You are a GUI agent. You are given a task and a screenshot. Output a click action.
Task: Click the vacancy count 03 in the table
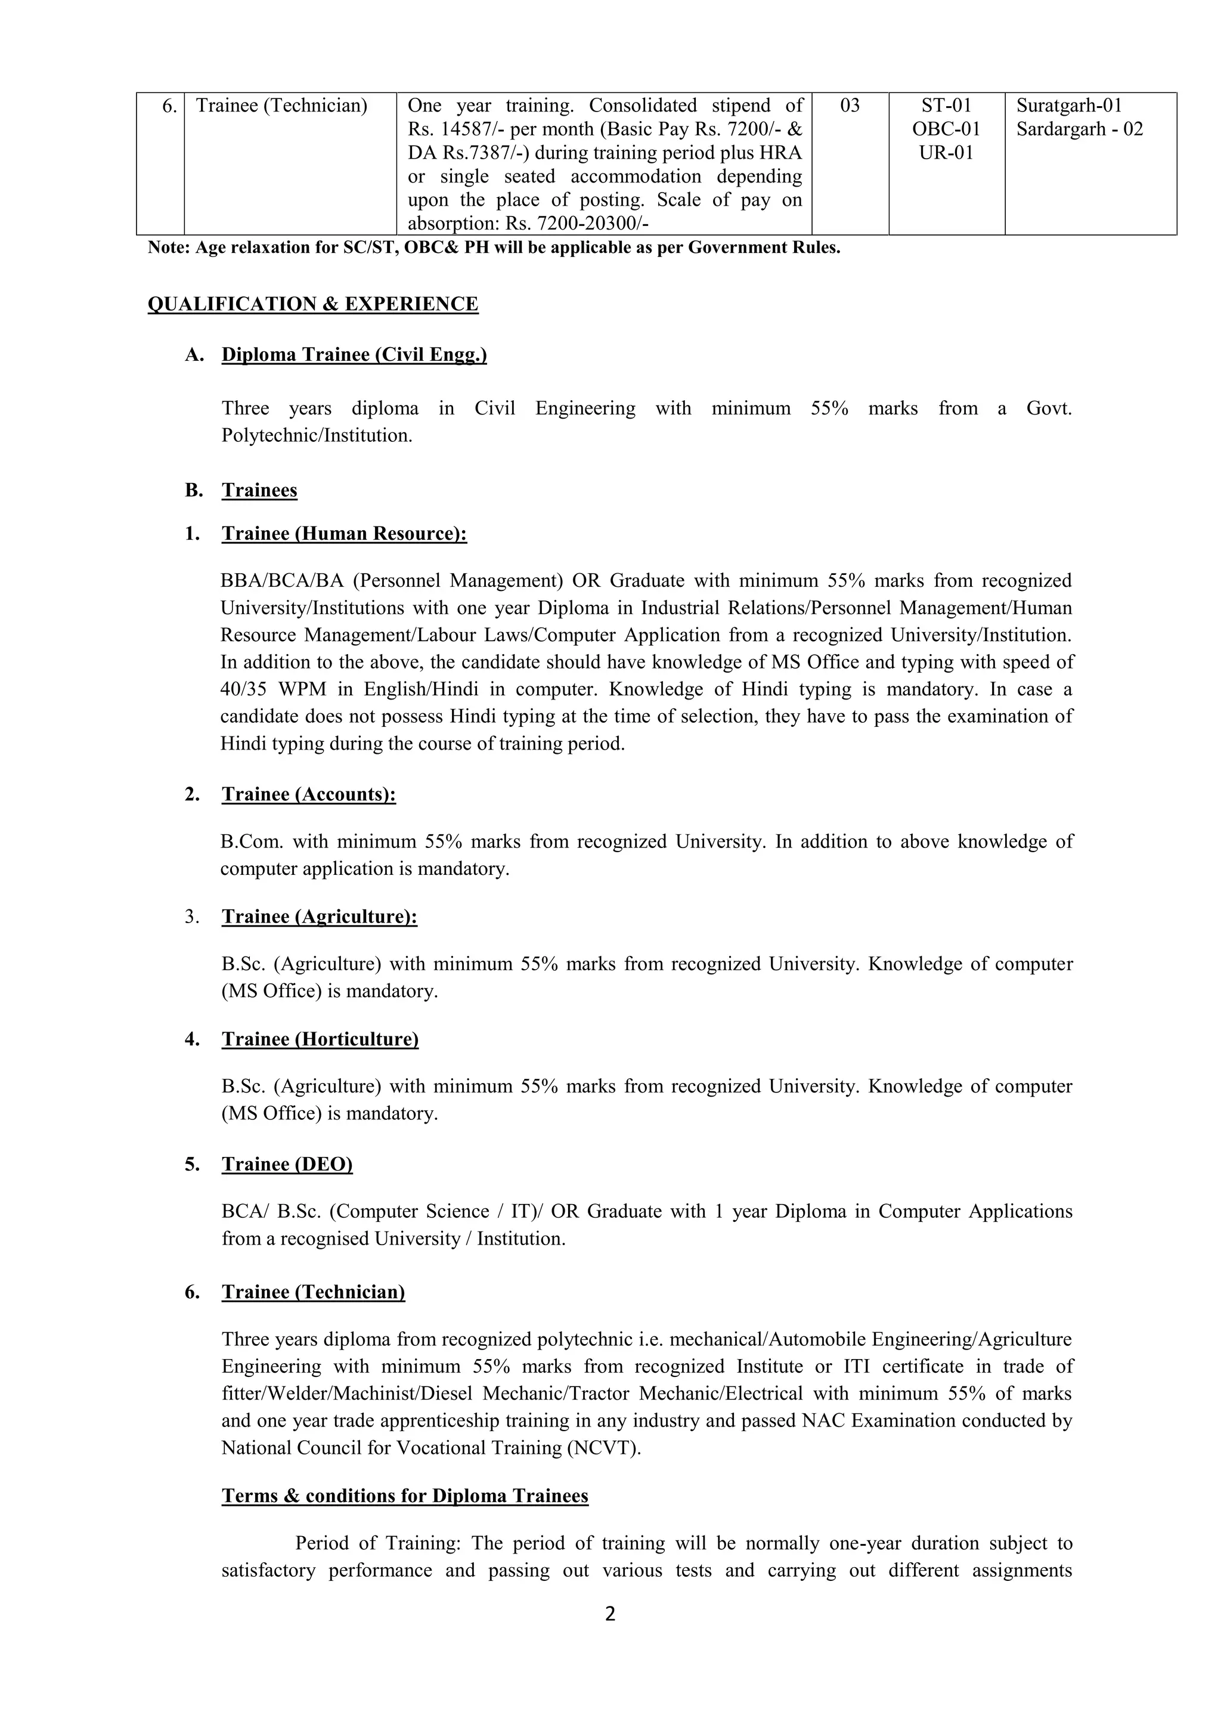(850, 106)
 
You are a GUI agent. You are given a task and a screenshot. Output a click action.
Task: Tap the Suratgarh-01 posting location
(1068, 106)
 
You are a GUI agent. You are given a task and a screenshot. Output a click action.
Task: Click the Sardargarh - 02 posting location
(1079, 129)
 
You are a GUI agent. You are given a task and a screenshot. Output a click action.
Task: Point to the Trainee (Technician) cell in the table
(281, 106)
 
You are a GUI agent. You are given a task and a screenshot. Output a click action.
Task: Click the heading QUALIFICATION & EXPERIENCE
(313, 304)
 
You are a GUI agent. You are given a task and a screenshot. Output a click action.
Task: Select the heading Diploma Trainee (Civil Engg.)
(354, 354)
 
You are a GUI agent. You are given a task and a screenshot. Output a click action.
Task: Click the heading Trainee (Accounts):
(308, 794)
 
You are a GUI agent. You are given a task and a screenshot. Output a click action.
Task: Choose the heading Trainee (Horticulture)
(320, 1039)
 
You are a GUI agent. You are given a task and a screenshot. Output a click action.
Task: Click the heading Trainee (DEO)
(287, 1165)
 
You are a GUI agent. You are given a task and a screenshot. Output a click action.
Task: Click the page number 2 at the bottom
(610, 1614)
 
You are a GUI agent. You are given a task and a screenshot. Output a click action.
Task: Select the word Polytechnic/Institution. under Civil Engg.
(317, 435)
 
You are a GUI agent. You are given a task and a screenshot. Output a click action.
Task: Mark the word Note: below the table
(169, 247)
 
